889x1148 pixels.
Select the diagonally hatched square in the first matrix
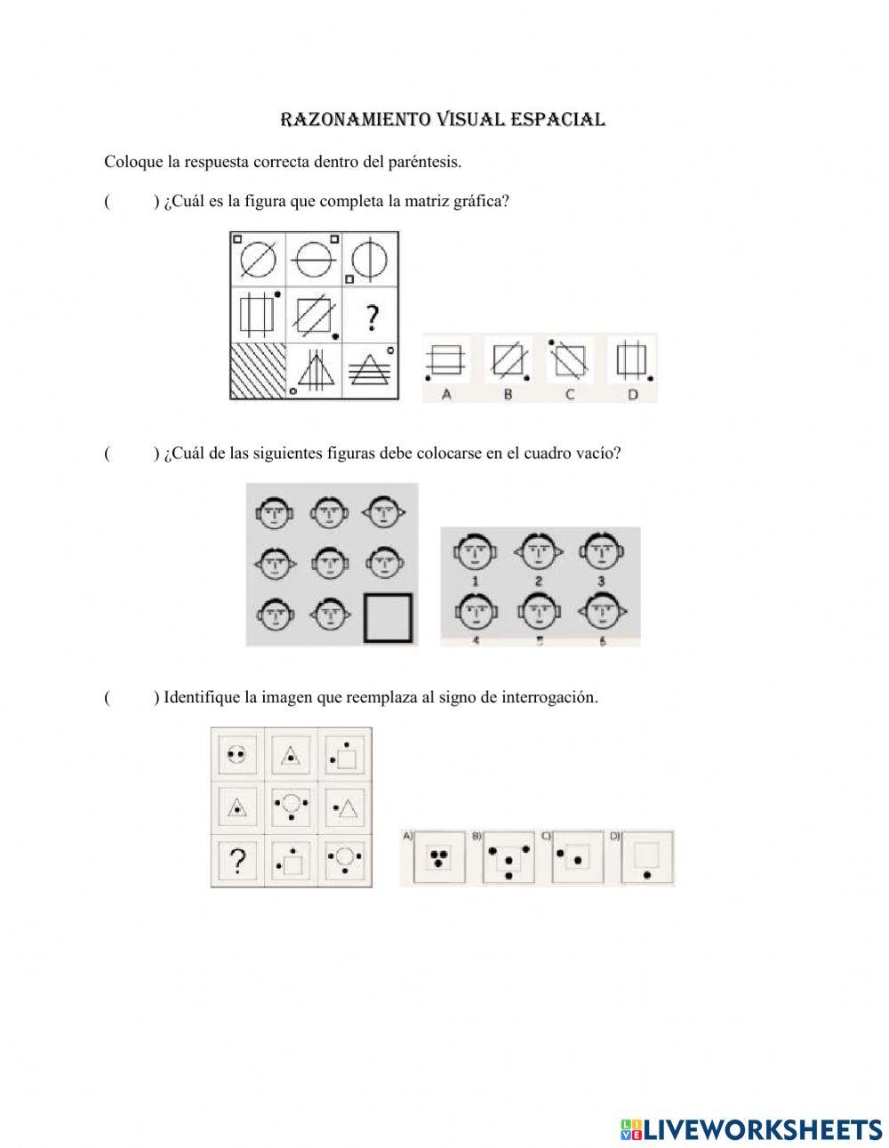[x=258, y=371]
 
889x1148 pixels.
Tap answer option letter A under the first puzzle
[x=446, y=394]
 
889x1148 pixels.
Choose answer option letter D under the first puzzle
[x=632, y=394]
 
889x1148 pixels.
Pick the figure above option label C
[x=570, y=360]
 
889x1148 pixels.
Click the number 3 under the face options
[x=601, y=582]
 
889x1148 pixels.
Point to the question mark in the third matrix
[x=237, y=861]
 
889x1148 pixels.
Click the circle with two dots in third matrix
[x=236, y=755]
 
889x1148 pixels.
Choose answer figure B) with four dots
[x=508, y=858]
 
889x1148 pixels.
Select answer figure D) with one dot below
[x=648, y=858]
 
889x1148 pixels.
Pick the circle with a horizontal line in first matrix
[x=315, y=260]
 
